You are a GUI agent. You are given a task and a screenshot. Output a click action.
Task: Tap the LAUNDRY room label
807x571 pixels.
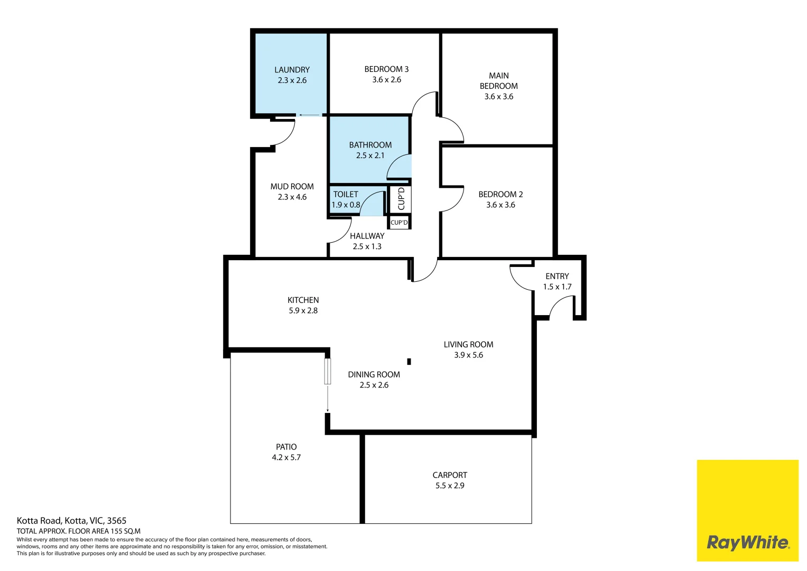pyautogui.click(x=292, y=70)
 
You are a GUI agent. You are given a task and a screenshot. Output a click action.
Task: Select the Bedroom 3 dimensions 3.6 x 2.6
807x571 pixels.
pyautogui.click(x=386, y=80)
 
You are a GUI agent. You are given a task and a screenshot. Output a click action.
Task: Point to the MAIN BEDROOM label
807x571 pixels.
pyautogui.click(x=498, y=81)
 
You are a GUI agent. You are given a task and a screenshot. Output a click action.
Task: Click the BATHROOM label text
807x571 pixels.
pyautogui.click(x=370, y=145)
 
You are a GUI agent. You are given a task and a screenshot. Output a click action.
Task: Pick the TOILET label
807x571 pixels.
pyautogui.click(x=346, y=195)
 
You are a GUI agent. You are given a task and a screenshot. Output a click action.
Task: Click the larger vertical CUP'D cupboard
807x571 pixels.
pyautogui.click(x=401, y=199)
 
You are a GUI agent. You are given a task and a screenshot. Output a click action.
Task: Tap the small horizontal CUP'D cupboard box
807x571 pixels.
pyautogui.click(x=399, y=223)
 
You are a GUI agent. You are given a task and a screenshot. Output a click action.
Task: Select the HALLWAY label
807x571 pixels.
pyautogui.click(x=367, y=236)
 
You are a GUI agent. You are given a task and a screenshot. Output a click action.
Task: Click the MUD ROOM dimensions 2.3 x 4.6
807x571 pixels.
pyautogui.click(x=292, y=197)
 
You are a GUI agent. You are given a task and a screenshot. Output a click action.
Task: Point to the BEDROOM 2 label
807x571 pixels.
pyautogui.click(x=500, y=195)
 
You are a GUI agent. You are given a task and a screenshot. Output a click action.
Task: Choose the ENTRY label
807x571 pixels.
pyautogui.click(x=557, y=276)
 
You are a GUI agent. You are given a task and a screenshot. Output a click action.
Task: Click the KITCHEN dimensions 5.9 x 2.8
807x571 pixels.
pyautogui.click(x=303, y=310)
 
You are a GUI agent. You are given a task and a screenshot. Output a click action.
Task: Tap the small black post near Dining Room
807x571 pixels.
pyautogui.click(x=409, y=362)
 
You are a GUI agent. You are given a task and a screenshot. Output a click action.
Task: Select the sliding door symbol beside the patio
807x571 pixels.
pyautogui.click(x=328, y=371)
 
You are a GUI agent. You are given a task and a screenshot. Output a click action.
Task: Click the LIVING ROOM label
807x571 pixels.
pyautogui.click(x=468, y=344)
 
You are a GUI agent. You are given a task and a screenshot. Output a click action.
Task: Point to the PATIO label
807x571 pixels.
pyautogui.click(x=286, y=447)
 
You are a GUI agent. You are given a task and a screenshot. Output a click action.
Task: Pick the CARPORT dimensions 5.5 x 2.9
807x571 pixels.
pyautogui.click(x=450, y=485)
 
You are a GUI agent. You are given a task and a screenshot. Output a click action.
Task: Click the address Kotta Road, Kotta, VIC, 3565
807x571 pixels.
pyautogui.click(x=71, y=521)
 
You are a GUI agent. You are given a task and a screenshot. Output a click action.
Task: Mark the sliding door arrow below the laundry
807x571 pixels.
pyautogui.click(x=309, y=115)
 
